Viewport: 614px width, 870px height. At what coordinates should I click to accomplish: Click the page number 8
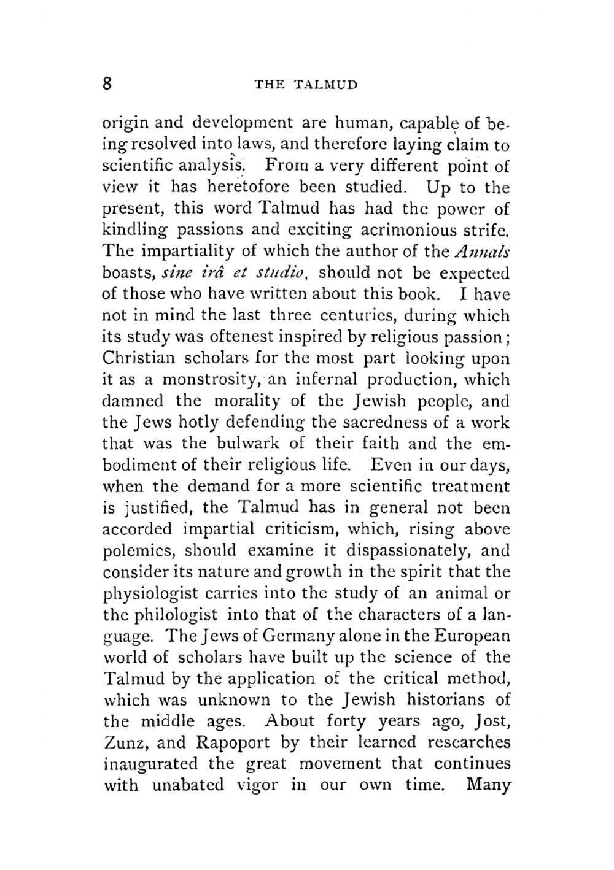pyautogui.click(x=107, y=83)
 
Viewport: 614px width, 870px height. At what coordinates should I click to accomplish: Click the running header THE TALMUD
pyautogui.click(x=305, y=85)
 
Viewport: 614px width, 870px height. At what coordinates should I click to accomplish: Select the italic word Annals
pyautogui.click(x=483, y=252)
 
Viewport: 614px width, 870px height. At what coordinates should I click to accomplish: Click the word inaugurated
pyautogui.click(x=150, y=764)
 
